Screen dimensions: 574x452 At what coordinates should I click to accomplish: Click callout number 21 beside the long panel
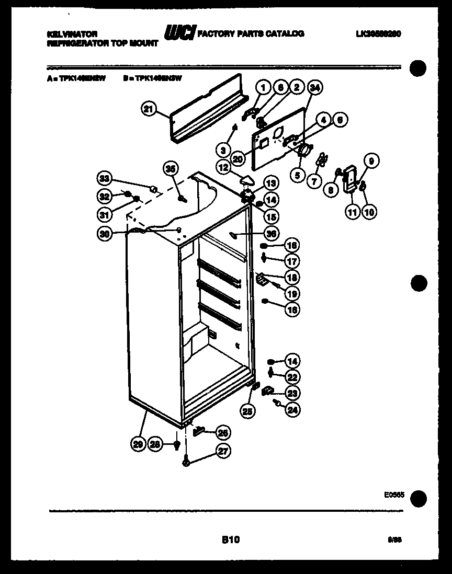149,109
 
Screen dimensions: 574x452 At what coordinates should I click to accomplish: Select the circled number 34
313,88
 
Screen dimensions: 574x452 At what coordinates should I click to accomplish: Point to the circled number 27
223,451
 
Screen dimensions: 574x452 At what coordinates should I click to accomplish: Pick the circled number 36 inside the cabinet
271,234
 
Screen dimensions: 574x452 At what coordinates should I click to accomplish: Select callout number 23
293,393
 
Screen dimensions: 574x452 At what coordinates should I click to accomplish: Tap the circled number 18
292,277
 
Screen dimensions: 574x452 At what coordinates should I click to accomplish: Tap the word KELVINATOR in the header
72,33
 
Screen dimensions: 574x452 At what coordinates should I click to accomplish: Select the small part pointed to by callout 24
276,403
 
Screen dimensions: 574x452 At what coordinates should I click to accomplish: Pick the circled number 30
105,235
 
